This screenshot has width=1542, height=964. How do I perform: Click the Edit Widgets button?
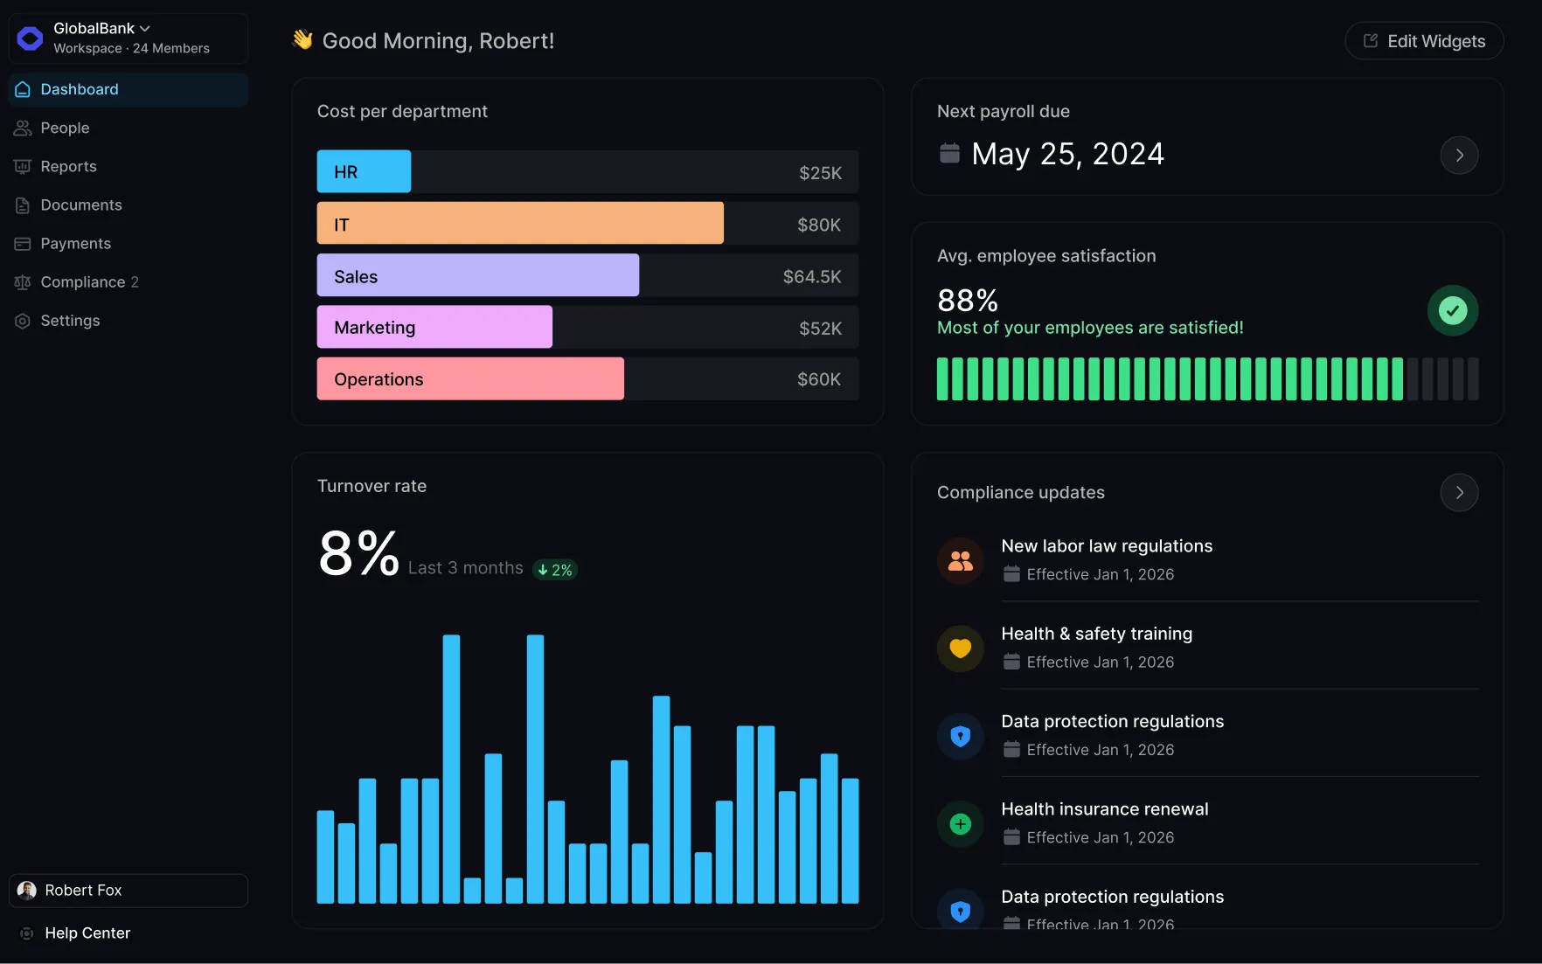tap(1424, 41)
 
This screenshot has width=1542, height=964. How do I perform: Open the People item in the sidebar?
tap(65, 128)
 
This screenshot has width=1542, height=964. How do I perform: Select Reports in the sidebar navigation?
tap(68, 166)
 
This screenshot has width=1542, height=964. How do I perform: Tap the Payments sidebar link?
tap(75, 243)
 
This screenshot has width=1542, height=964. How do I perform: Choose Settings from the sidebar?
tap(70, 321)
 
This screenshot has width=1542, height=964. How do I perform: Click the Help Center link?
tap(87, 933)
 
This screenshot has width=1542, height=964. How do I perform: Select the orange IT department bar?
tap(519, 224)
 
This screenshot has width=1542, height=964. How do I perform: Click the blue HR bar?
tap(364, 171)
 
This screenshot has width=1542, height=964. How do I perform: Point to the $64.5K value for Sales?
tap(811, 276)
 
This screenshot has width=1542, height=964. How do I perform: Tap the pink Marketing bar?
tap(434, 327)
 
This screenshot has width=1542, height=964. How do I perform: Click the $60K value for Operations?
tap(818, 379)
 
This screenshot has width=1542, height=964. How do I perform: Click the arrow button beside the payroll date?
tap(1459, 156)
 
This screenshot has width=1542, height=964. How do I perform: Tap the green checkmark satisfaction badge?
tap(1452, 310)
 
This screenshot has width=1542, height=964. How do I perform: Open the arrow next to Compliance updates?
tap(1459, 493)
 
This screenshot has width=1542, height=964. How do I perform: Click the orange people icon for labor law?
tap(960, 561)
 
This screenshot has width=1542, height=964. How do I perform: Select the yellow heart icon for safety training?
tap(960, 648)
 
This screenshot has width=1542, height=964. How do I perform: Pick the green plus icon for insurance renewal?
tap(960, 824)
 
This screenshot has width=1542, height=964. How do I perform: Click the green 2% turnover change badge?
tap(555, 570)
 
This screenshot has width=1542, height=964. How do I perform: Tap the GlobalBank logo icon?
tap(30, 38)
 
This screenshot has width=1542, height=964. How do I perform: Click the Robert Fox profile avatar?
tap(27, 890)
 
